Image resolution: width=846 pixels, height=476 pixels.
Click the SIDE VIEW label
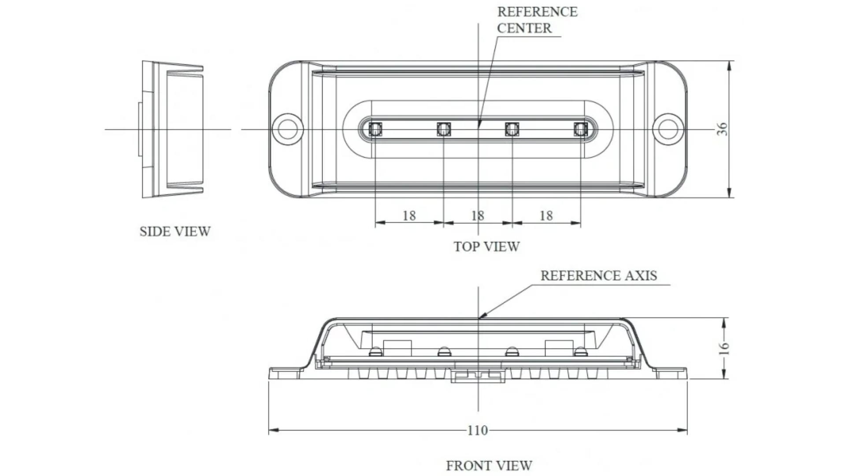click(x=175, y=231)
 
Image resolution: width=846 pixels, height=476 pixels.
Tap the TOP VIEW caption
click(x=487, y=247)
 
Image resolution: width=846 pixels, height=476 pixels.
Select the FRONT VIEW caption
click(x=489, y=465)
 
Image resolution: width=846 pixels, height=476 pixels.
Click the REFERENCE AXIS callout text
click(x=599, y=275)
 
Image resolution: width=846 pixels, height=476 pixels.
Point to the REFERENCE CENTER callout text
click(x=537, y=20)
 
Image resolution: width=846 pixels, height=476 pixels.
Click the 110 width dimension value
click(x=478, y=430)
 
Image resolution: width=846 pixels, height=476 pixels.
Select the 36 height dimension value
click(x=722, y=129)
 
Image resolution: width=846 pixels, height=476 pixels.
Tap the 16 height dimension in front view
click(x=724, y=348)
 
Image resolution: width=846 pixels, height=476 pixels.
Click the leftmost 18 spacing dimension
click(x=409, y=216)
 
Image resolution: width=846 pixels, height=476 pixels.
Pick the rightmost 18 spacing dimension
click(x=546, y=216)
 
